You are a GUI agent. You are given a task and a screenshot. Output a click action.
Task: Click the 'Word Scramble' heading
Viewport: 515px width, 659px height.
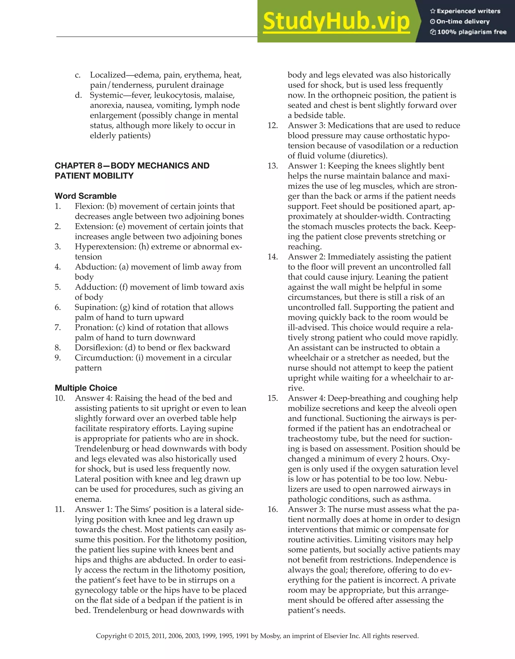[86, 196]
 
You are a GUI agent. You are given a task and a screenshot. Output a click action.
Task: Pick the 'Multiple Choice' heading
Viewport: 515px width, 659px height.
[86, 388]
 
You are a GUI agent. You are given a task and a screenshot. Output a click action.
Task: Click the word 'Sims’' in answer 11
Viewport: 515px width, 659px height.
[141, 509]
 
